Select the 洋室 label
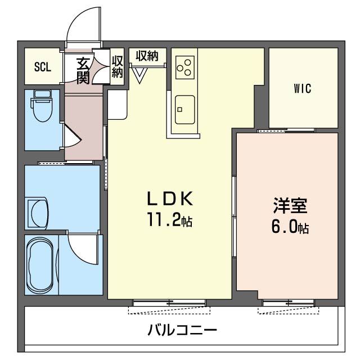click(x=290, y=206)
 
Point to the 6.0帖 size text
click(x=290, y=228)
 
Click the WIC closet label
click(x=302, y=88)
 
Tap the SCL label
click(x=42, y=67)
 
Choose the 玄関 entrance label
click(x=83, y=70)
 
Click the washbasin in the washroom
click(x=39, y=213)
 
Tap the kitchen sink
click(x=184, y=109)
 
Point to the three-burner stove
click(x=184, y=67)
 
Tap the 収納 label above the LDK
click(x=147, y=56)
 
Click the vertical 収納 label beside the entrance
click(x=117, y=67)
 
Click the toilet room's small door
click(x=70, y=136)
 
